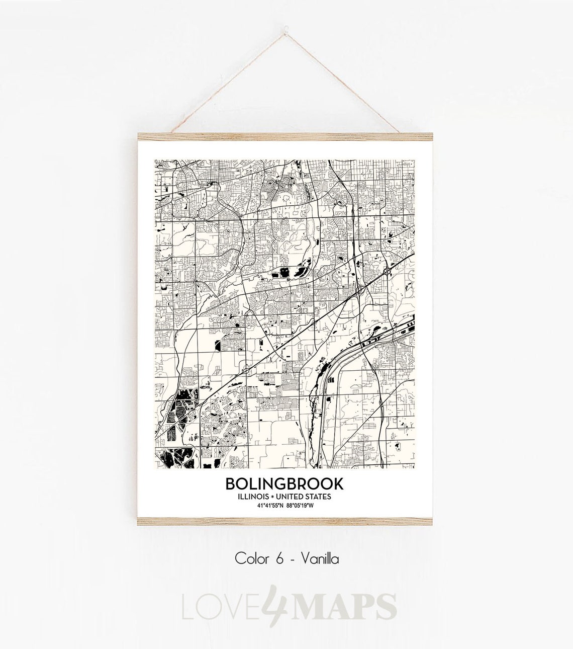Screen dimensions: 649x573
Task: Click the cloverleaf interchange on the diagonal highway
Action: pyautogui.click(x=387, y=272)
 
